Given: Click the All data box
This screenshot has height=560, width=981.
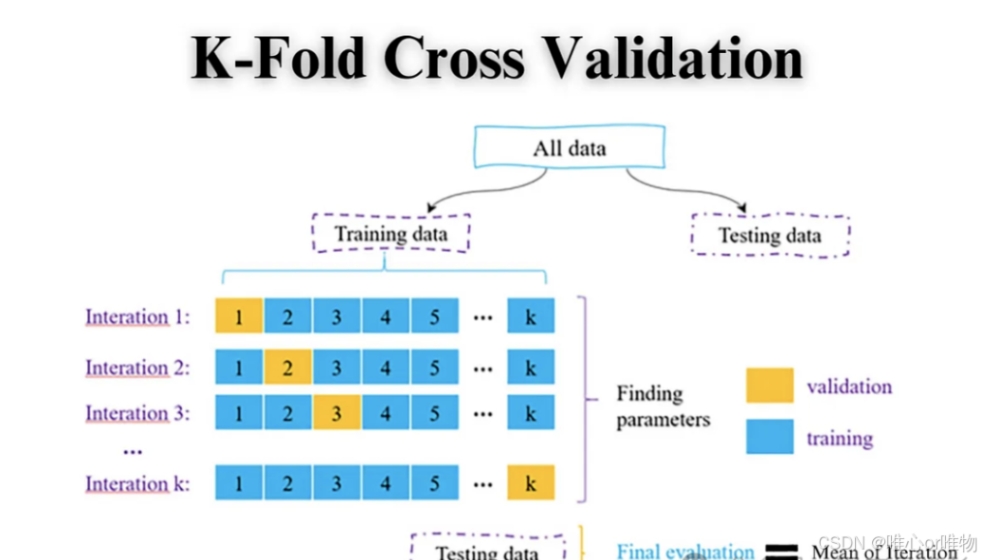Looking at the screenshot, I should click(x=569, y=148).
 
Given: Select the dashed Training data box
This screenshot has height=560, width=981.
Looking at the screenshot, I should click(x=391, y=233).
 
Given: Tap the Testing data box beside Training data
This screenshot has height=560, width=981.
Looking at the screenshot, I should click(x=770, y=235).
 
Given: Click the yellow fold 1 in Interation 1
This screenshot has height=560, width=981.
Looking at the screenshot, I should click(x=239, y=316).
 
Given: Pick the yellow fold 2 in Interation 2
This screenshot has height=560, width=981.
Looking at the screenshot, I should click(x=288, y=367).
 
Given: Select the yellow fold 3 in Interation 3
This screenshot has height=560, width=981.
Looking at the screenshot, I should click(x=336, y=413).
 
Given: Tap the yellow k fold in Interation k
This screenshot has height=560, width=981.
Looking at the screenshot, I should click(x=531, y=483).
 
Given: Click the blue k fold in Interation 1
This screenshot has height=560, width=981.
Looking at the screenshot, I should click(x=531, y=316).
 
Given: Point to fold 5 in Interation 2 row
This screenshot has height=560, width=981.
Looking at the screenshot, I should click(x=434, y=367).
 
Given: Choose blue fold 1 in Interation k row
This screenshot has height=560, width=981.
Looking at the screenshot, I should click(x=239, y=483).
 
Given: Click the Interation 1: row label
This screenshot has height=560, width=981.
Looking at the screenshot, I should click(x=137, y=316).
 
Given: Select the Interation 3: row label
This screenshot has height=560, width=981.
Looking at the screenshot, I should click(x=137, y=414).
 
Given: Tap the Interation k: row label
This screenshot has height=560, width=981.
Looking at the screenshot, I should click(x=137, y=484).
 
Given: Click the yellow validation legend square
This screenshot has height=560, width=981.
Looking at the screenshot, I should click(x=770, y=386).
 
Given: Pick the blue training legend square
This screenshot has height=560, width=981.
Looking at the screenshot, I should click(x=770, y=437).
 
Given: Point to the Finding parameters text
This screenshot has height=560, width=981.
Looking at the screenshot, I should click(x=663, y=406).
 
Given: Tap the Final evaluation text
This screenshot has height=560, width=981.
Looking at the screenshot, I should click(x=685, y=551).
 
